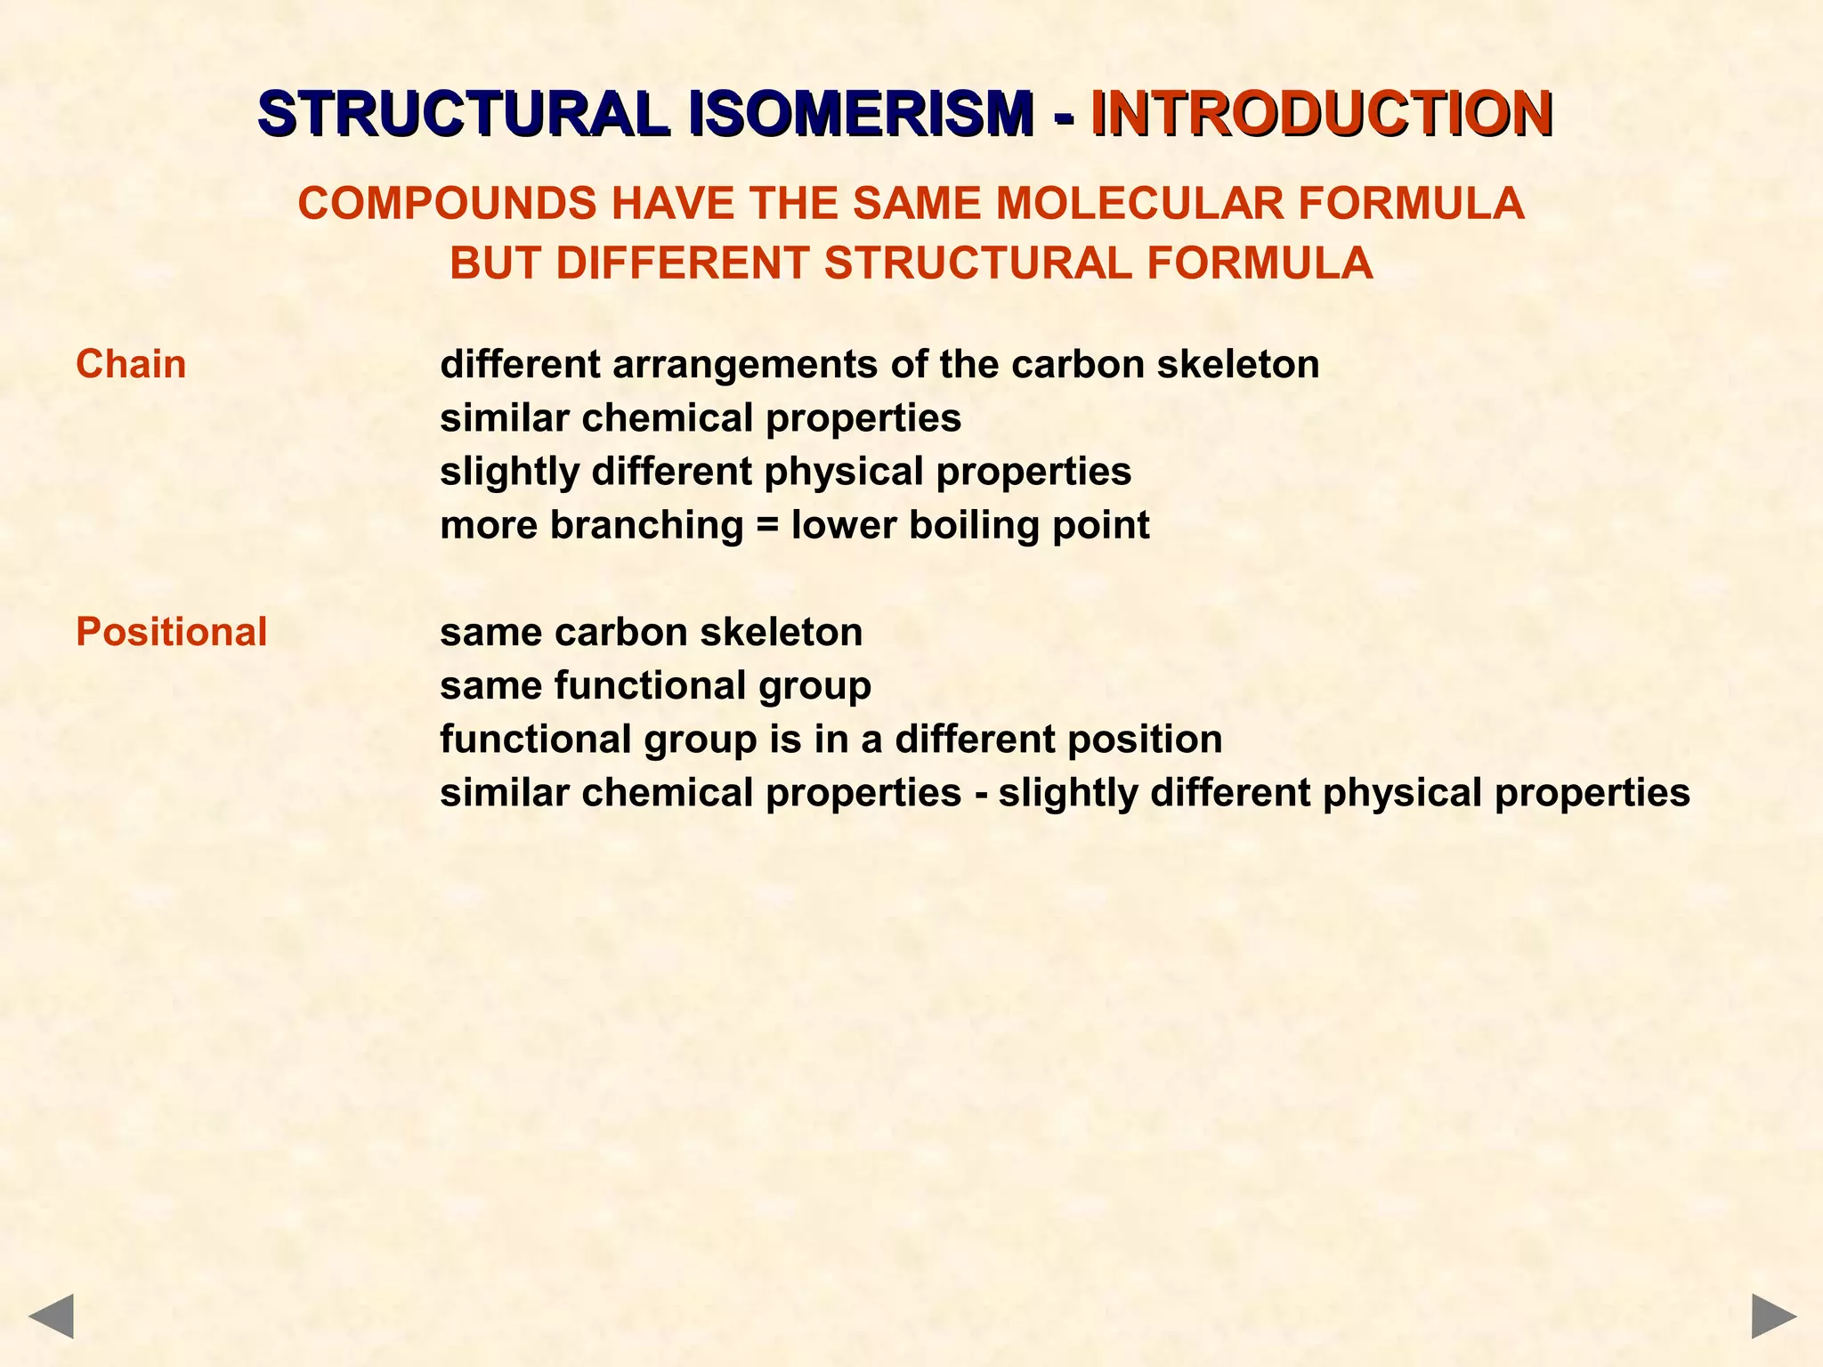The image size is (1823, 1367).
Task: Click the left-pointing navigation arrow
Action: click(51, 1316)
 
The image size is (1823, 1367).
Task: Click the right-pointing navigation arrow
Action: click(1774, 1316)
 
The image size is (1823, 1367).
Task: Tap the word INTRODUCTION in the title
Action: click(1322, 114)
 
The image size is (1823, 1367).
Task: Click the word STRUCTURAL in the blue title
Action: click(463, 114)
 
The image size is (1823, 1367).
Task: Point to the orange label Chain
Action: click(131, 365)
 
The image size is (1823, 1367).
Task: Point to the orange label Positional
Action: click(171, 632)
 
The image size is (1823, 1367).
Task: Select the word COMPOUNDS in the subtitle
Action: click(447, 203)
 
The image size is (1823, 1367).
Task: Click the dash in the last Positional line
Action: click(980, 793)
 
